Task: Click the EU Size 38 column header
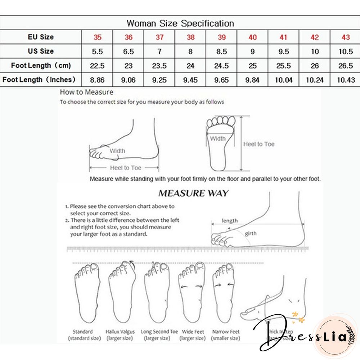(x=190, y=37)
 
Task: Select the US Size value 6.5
(x=129, y=51)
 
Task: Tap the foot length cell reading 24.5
(x=221, y=66)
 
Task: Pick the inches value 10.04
(x=284, y=80)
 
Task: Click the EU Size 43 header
(x=346, y=37)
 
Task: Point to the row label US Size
(x=41, y=51)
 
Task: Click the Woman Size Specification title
(x=180, y=24)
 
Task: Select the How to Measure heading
(x=86, y=92)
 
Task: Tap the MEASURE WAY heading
(x=193, y=193)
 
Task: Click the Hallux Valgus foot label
(x=120, y=332)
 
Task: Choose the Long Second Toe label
(x=159, y=332)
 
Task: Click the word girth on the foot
(x=251, y=234)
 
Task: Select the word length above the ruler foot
(x=230, y=221)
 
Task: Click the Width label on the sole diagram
(x=218, y=139)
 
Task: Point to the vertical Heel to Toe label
(x=258, y=144)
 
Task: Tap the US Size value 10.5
(x=346, y=51)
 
